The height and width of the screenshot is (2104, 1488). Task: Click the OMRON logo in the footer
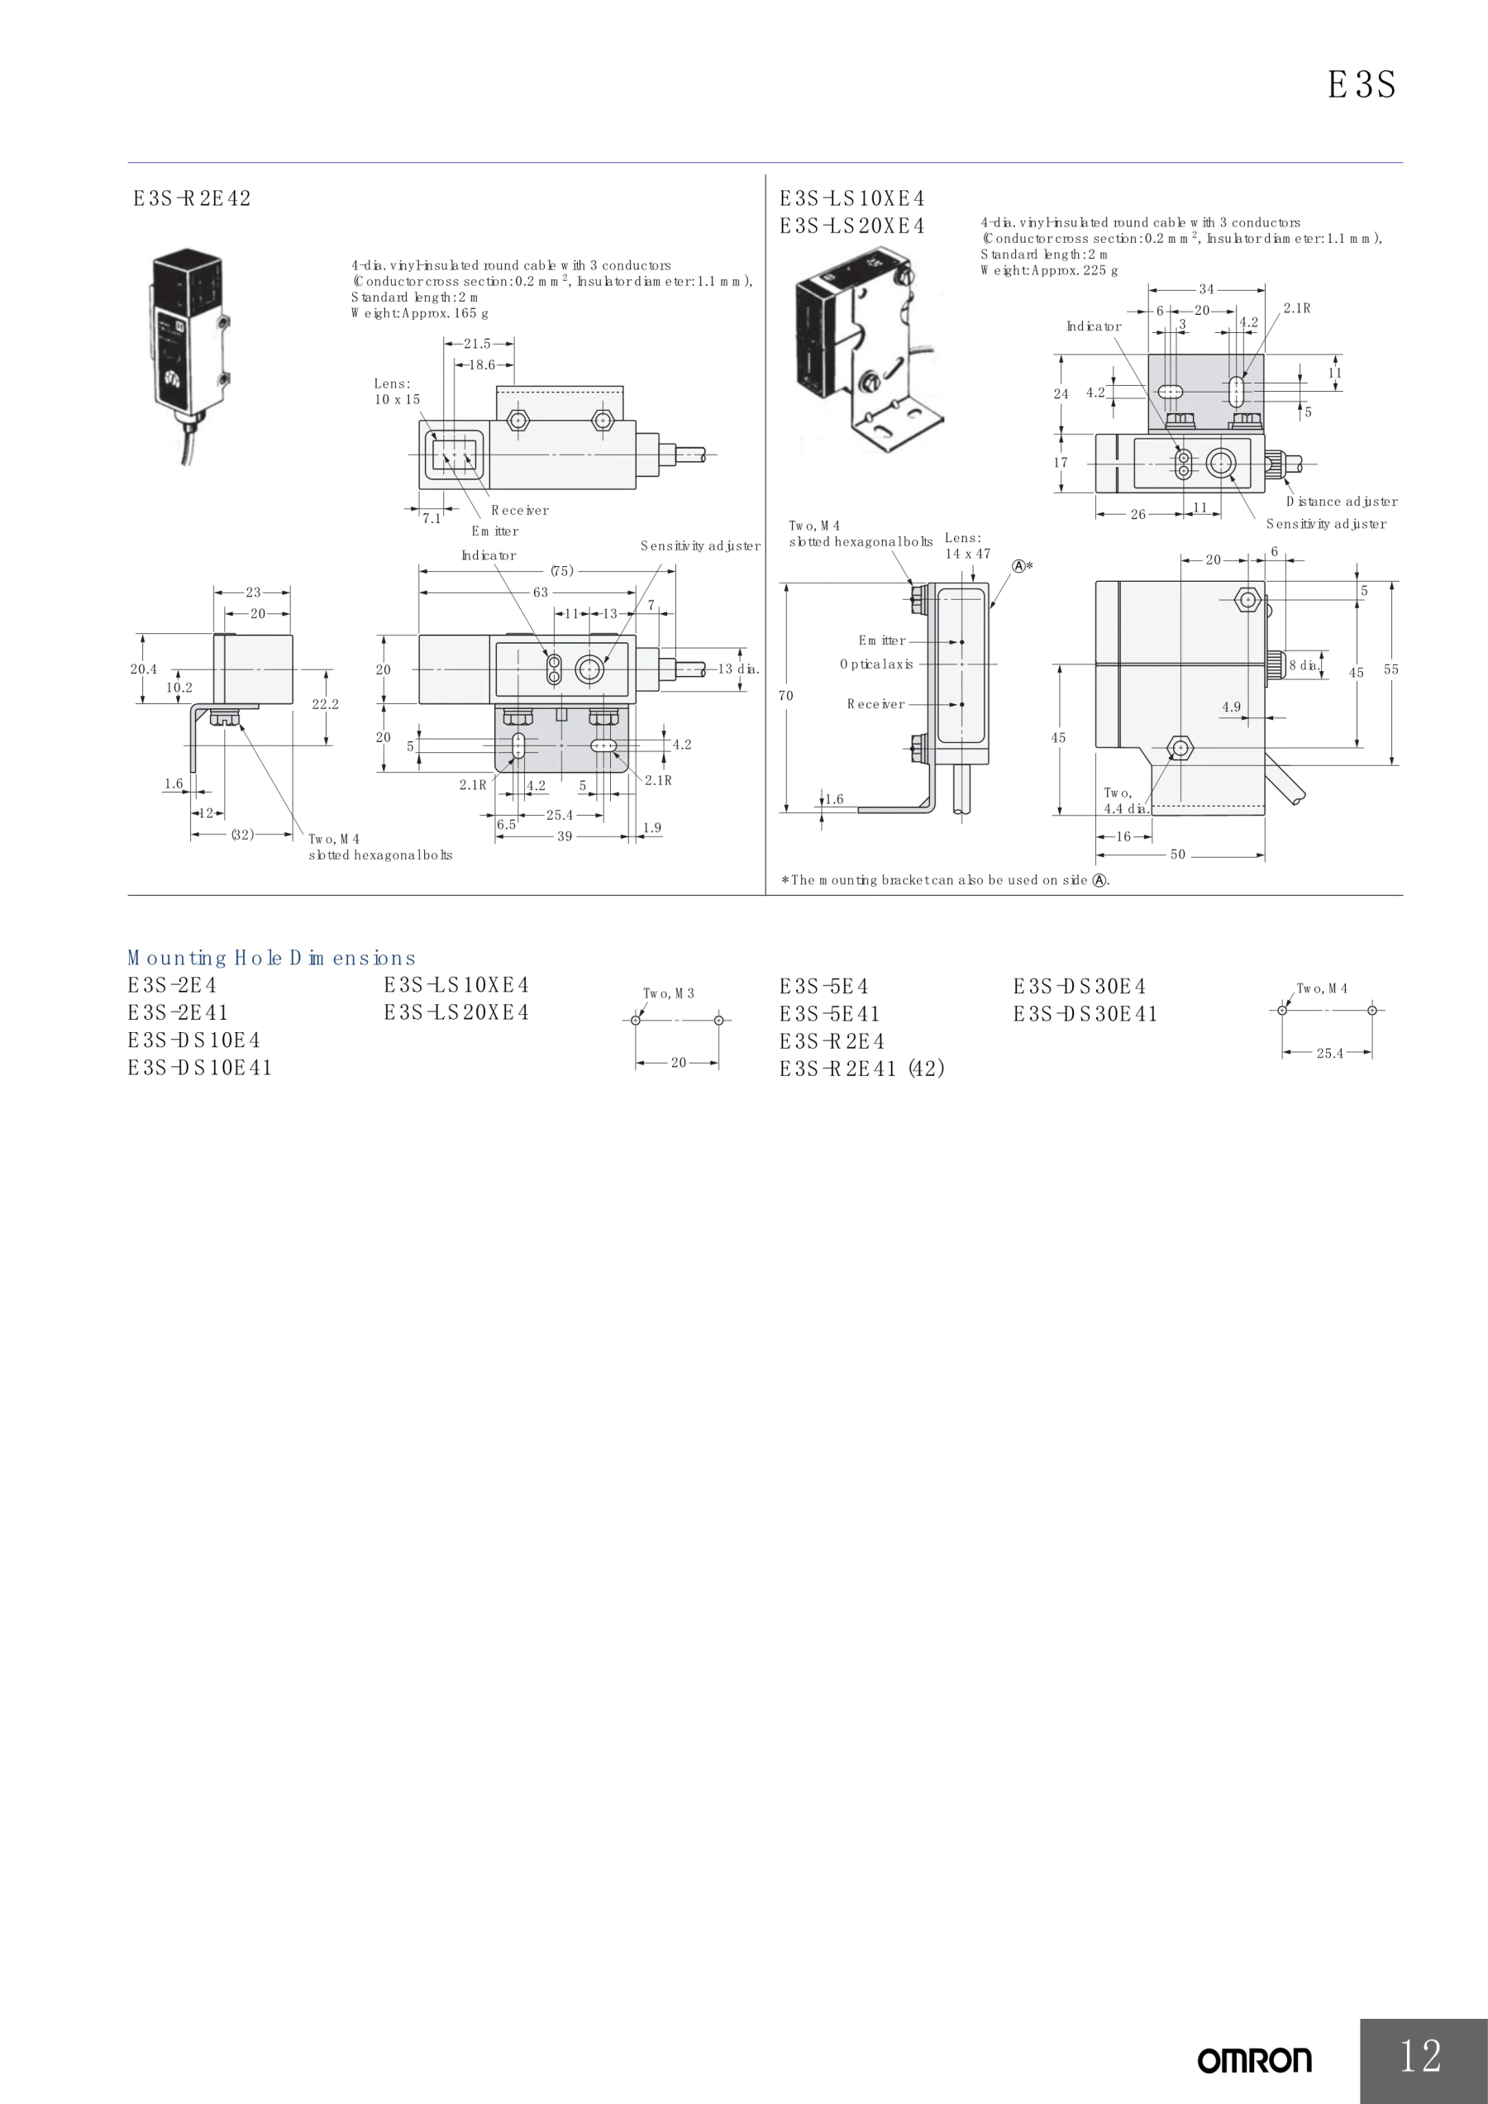click(1254, 2061)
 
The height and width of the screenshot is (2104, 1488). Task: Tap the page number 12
click(1420, 2055)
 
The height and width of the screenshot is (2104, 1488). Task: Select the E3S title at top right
click(1362, 85)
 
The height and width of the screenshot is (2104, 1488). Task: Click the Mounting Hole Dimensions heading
click(271, 959)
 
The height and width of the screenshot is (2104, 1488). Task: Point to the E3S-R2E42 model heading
click(192, 199)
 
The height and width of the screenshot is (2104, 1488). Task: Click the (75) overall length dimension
click(562, 571)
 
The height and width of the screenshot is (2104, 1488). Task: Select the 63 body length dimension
click(541, 593)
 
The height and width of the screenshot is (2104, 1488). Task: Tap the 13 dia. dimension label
click(739, 669)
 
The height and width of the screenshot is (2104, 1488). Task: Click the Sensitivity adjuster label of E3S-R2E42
click(700, 546)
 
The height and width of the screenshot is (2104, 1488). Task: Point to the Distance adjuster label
click(1343, 502)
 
